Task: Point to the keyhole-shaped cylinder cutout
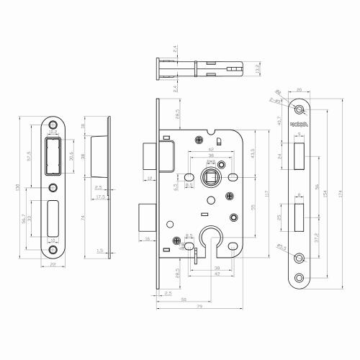click(x=211, y=245)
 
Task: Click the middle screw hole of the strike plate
click(x=54, y=188)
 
